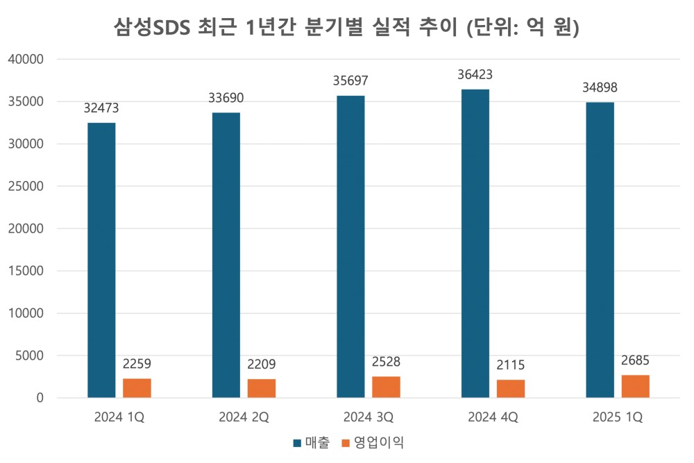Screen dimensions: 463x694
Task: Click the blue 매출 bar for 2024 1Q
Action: click(101, 260)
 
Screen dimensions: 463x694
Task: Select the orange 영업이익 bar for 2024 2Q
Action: click(262, 388)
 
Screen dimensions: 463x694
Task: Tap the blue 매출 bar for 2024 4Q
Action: click(475, 243)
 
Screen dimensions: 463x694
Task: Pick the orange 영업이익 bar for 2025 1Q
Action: click(635, 386)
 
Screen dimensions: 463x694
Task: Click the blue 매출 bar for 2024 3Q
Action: click(350, 246)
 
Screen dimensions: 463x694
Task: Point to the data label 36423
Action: click(475, 74)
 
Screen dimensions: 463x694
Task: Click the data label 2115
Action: click(511, 365)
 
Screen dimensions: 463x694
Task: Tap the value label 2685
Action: click(635, 360)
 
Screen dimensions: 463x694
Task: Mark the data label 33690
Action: click(226, 98)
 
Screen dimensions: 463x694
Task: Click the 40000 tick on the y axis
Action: click(26, 60)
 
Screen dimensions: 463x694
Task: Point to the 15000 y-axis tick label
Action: click(26, 271)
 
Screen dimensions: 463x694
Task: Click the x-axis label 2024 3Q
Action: click(368, 418)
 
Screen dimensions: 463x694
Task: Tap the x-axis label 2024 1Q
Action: click(119, 418)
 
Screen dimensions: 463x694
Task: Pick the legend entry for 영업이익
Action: click(372, 442)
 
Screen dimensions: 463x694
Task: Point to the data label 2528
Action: click(386, 362)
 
